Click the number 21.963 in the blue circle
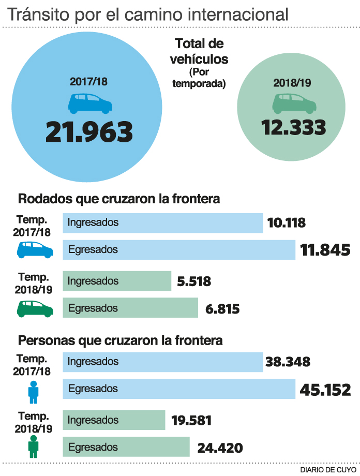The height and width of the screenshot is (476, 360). tap(89, 132)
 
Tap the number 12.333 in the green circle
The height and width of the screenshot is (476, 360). tap(293, 127)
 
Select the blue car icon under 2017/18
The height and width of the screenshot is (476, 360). tap(90, 103)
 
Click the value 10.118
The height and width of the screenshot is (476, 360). tap(287, 223)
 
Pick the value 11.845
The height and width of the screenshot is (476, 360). tap(325, 250)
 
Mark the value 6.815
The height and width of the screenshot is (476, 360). tap(222, 309)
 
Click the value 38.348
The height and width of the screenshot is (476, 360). tap(288, 361)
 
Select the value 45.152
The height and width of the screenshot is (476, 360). tap(325, 389)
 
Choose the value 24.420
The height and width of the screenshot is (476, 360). tap(220, 448)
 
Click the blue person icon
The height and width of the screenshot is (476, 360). tap(34, 392)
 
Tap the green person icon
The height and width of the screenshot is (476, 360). tap(34, 446)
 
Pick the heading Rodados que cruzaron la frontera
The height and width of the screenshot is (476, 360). tap(119, 199)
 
